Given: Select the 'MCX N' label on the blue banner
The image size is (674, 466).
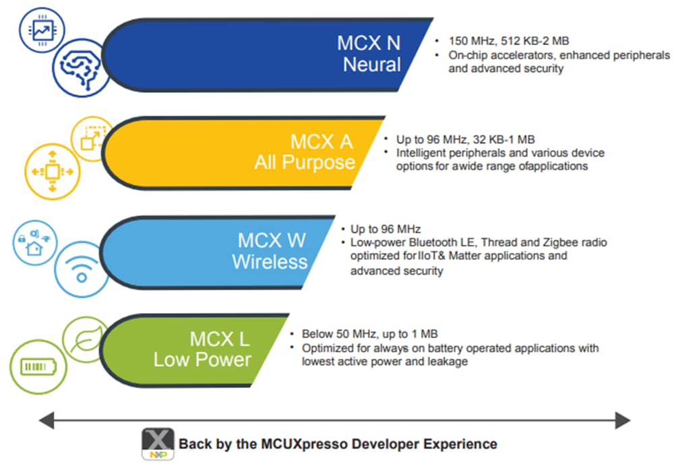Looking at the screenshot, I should (x=369, y=43).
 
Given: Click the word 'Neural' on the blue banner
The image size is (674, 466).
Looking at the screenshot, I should (x=371, y=65).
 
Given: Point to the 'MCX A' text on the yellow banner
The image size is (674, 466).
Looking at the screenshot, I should (x=321, y=141).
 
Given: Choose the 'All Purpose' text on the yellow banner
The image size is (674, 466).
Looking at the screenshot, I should (x=305, y=162).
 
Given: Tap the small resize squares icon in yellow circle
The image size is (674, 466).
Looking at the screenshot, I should (x=90, y=137).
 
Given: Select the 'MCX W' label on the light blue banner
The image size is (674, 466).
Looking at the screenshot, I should (x=272, y=240).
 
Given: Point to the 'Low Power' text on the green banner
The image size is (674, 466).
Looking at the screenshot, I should (x=202, y=359).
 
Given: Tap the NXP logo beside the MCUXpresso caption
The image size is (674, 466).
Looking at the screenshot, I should (x=158, y=445).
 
